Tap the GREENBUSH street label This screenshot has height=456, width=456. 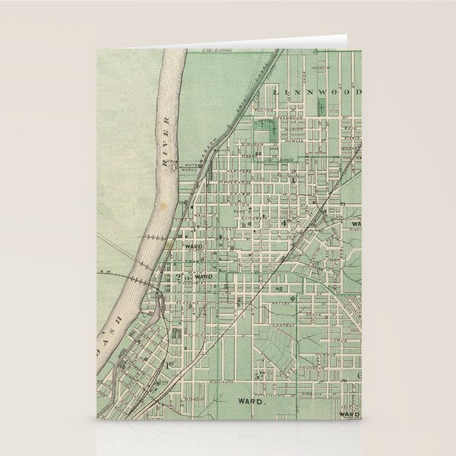point(295,118)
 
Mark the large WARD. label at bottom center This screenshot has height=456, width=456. point(251,400)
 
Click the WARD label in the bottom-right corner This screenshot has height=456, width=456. point(349,414)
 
